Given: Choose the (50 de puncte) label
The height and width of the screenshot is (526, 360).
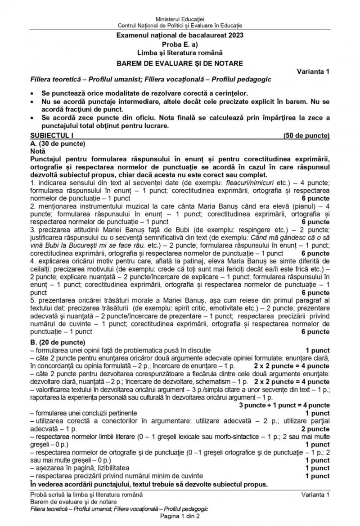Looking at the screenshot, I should click(x=306, y=135).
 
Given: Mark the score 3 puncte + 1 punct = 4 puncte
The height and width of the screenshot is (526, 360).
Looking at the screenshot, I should click(x=284, y=405).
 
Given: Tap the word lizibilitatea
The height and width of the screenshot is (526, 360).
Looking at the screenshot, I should click(x=108, y=468).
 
